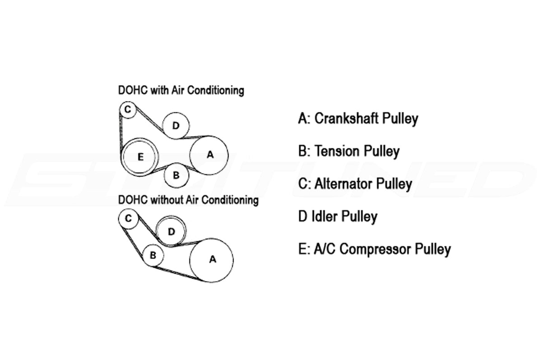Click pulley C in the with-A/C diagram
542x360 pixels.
click(x=128, y=110)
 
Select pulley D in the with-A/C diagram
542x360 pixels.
click(x=176, y=126)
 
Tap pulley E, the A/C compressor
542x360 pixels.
click(x=140, y=157)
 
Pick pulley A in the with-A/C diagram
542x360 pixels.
click(x=209, y=155)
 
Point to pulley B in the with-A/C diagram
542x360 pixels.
click(x=176, y=175)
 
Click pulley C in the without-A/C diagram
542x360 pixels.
click(x=128, y=219)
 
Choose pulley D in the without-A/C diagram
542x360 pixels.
click(x=171, y=231)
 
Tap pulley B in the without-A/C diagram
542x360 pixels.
click(x=153, y=255)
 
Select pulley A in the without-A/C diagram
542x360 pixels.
click(x=211, y=260)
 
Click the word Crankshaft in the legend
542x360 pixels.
click(x=347, y=119)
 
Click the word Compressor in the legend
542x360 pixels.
click(x=374, y=249)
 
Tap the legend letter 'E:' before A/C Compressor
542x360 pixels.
click(x=304, y=249)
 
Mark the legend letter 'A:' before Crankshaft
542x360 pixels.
click(x=304, y=119)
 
